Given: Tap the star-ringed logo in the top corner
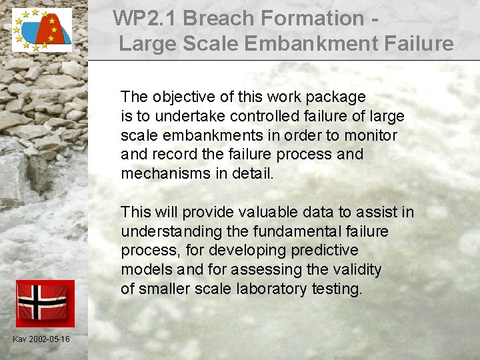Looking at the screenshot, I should click(41, 30).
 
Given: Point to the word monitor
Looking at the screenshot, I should click(371, 135).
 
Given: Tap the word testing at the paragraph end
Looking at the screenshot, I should click(337, 289).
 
